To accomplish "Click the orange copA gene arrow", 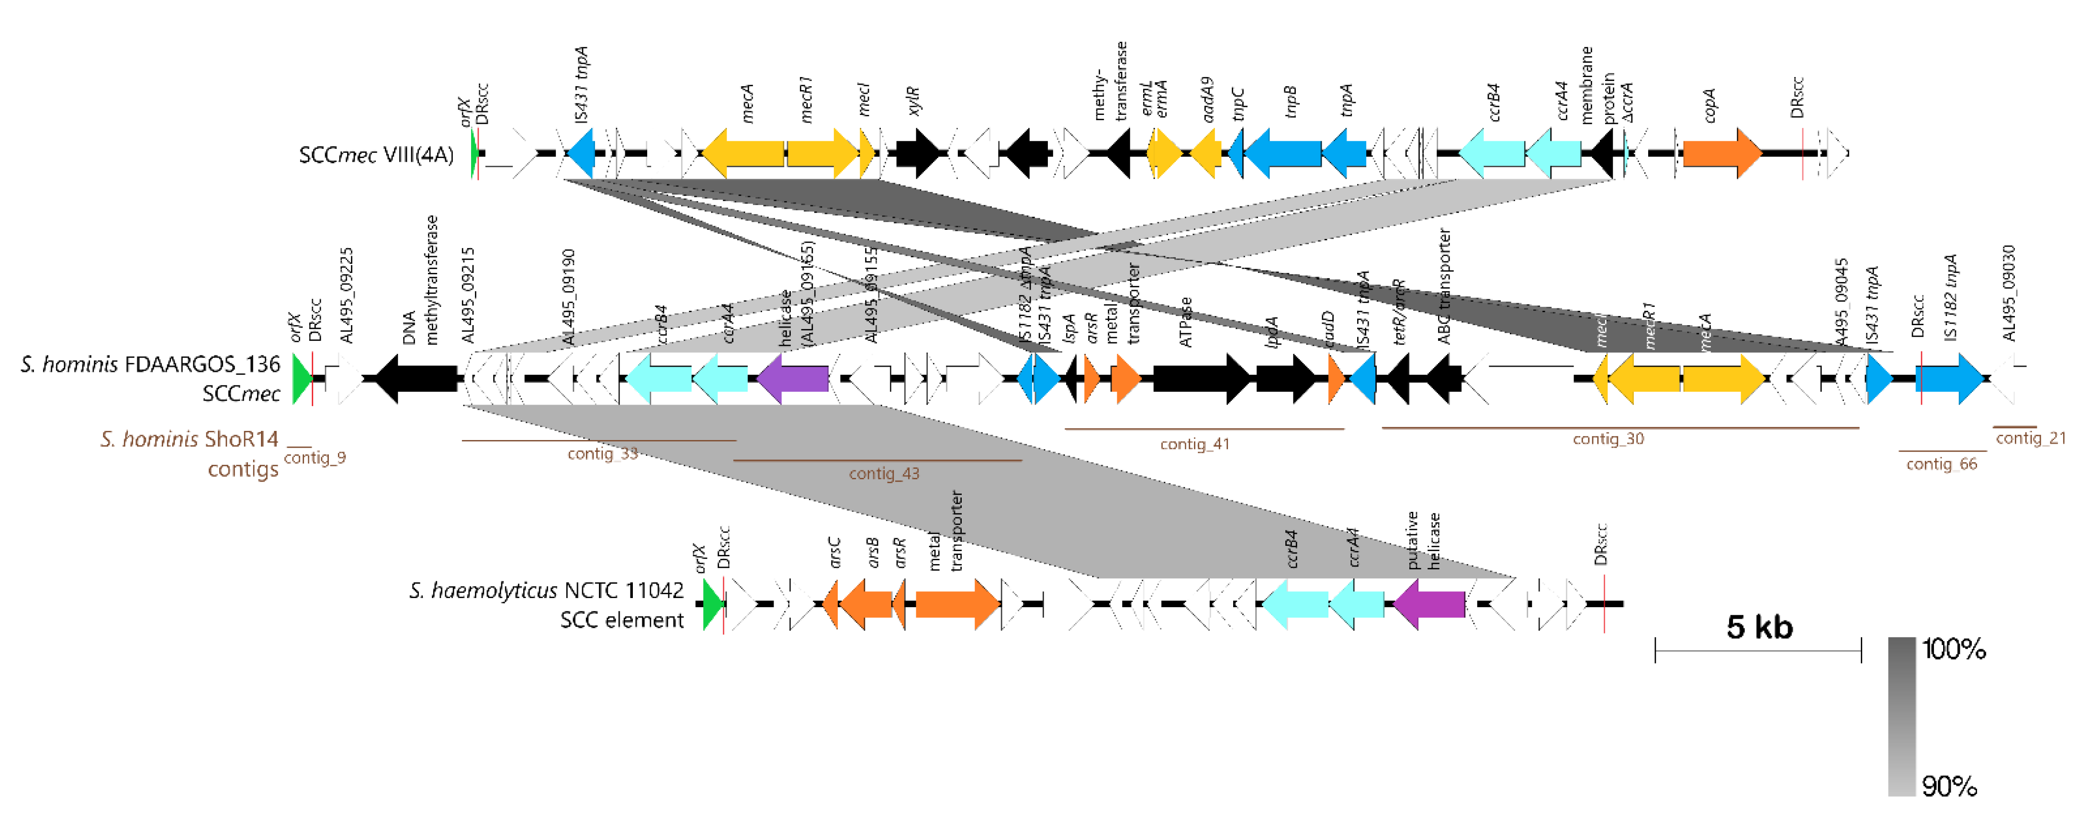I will [x=1720, y=153].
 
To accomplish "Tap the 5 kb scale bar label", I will [x=1759, y=627].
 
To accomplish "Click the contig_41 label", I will [x=1194, y=444].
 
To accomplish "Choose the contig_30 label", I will [x=1608, y=439].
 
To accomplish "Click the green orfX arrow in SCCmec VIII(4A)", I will [x=474, y=153].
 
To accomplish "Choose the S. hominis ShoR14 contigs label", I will [x=189, y=454].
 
